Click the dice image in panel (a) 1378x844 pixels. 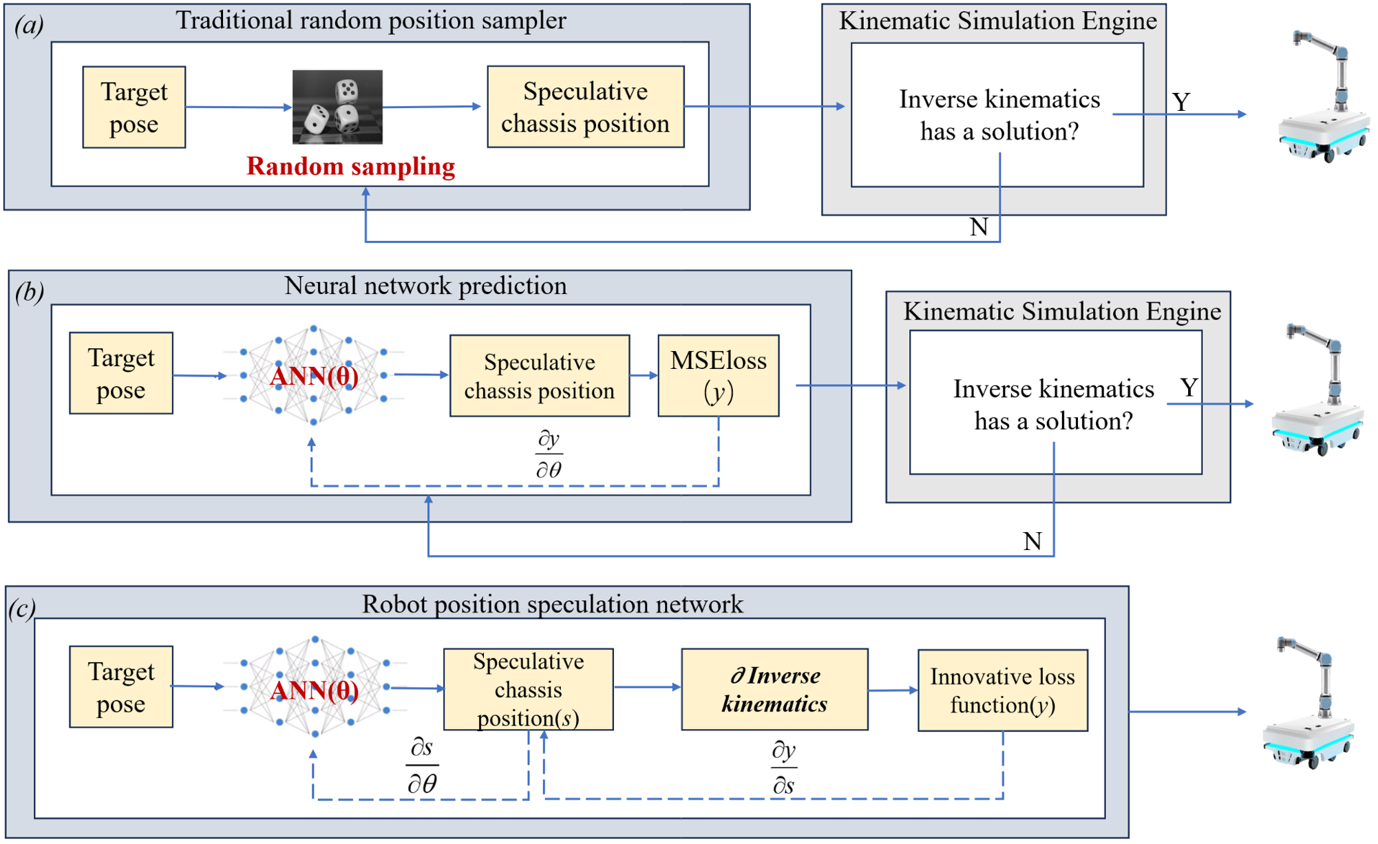(x=337, y=107)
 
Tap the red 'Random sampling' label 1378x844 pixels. (x=350, y=167)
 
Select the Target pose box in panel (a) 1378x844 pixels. (x=134, y=107)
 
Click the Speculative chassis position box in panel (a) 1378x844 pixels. (x=585, y=107)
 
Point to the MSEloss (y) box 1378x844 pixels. (x=718, y=376)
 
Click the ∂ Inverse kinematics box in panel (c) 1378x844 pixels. (x=774, y=689)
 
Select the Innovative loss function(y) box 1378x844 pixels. (x=1002, y=690)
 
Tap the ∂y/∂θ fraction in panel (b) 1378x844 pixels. (x=549, y=454)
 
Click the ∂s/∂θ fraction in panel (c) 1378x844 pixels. (x=422, y=766)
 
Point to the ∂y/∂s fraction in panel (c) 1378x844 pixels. (x=784, y=768)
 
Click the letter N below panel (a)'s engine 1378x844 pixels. (x=979, y=227)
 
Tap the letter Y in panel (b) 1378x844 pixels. (x=1189, y=388)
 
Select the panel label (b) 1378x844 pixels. (x=30, y=292)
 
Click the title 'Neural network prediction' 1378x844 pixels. (x=425, y=286)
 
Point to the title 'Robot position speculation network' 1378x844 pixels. (x=552, y=604)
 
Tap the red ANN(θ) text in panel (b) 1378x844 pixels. (x=314, y=377)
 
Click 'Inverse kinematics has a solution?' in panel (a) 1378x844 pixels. (x=999, y=115)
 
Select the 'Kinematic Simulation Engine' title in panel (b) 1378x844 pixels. (x=1061, y=311)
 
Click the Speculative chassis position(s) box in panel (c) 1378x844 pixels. (x=528, y=689)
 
